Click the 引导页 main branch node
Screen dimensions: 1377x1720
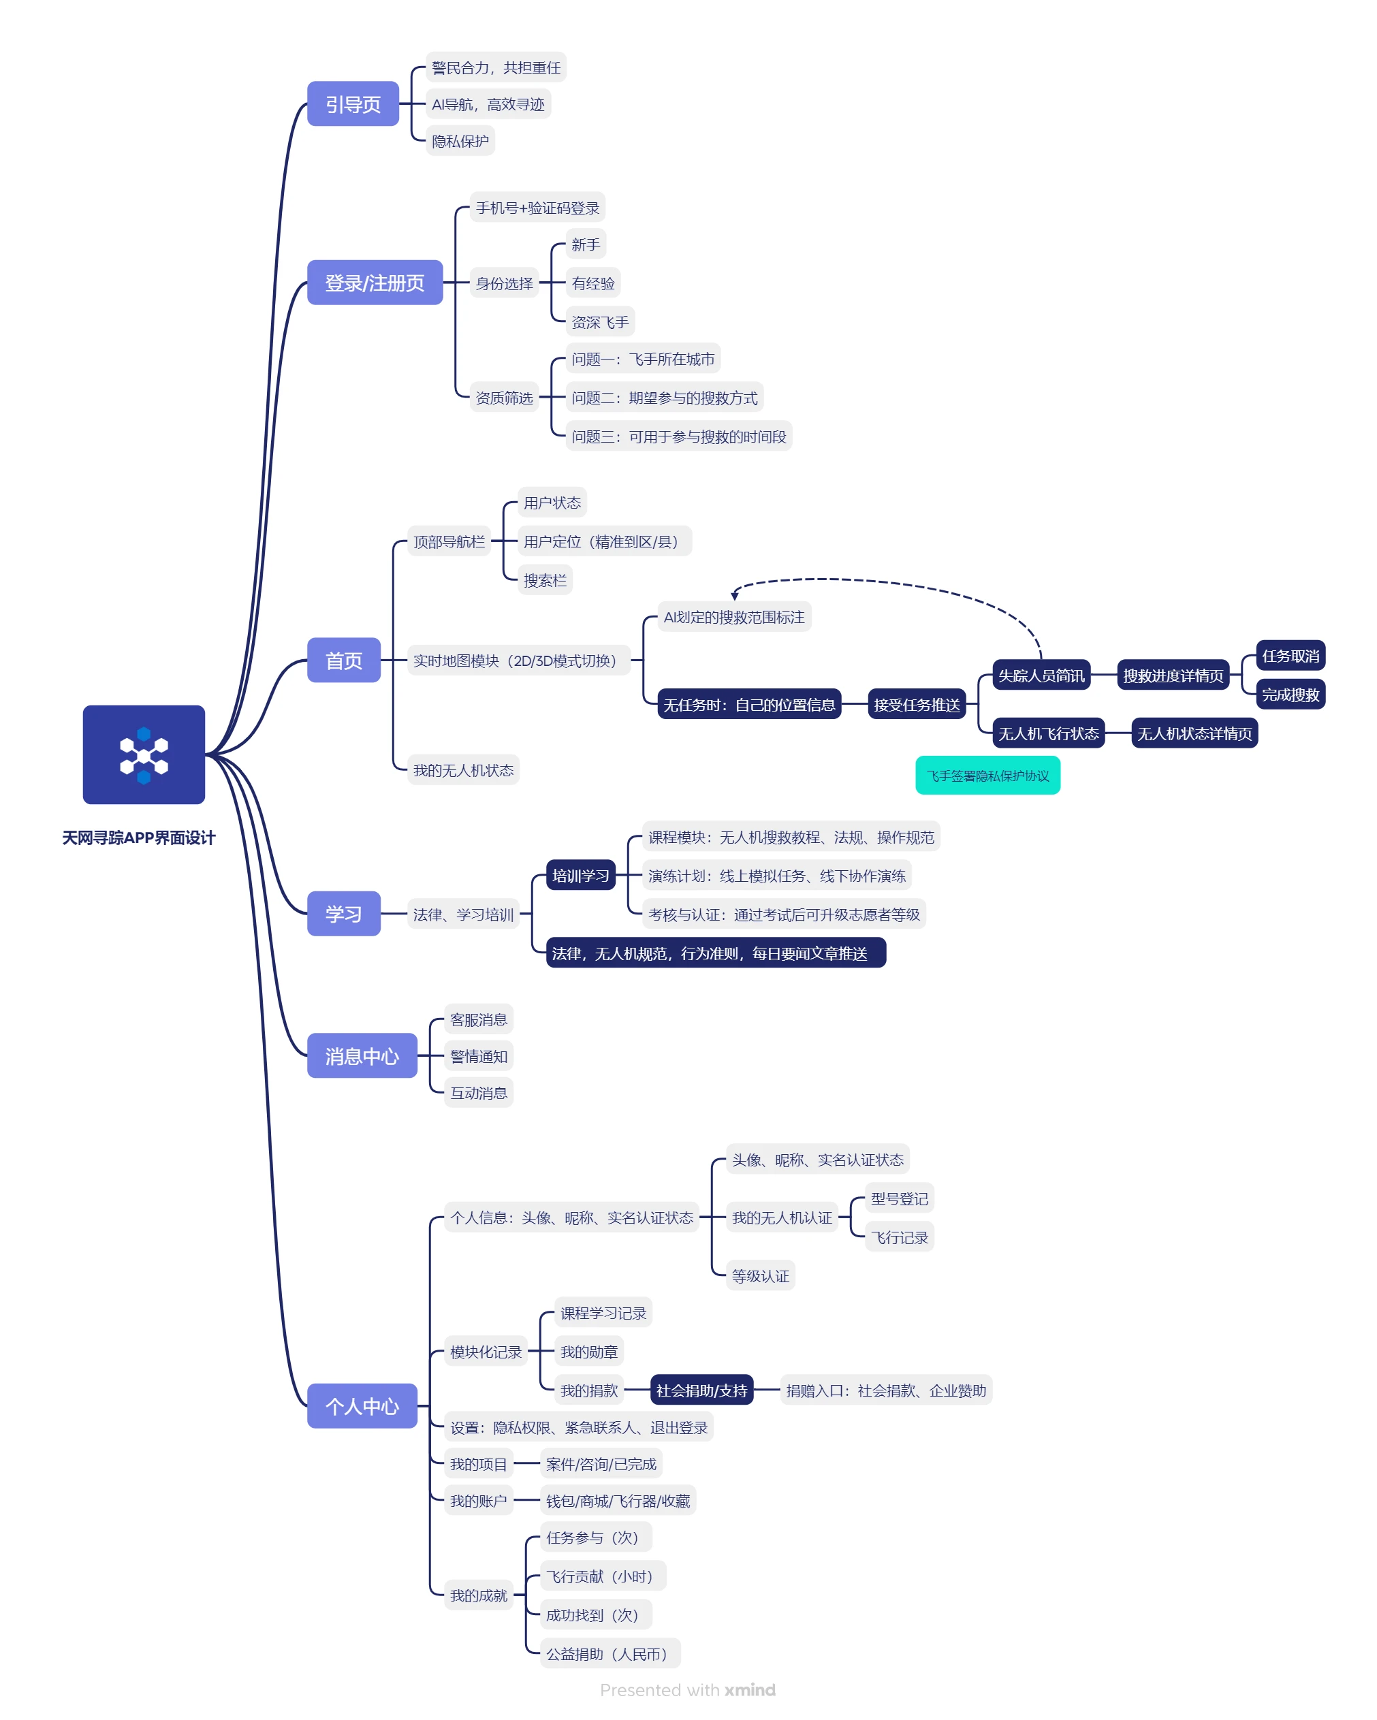(x=353, y=103)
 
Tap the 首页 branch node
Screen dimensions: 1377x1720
(x=344, y=660)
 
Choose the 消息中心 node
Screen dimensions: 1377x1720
(x=362, y=1055)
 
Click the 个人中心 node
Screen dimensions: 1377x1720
(x=362, y=1405)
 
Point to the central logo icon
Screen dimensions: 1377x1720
(x=144, y=754)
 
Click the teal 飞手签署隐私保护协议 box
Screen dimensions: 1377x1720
(x=987, y=776)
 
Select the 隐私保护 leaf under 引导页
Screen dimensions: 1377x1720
(x=460, y=141)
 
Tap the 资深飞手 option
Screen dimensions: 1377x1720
(x=600, y=322)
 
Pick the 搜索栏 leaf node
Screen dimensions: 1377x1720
(x=545, y=580)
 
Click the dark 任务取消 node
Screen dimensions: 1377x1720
(x=1291, y=656)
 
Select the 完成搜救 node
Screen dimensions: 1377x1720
(x=1291, y=695)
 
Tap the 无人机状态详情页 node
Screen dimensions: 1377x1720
(x=1195, y=733)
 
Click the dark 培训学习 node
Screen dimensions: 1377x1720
(x=581, y=875)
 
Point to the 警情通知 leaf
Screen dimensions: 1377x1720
(x=479, y=1056)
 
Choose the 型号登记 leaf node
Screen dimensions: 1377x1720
(x=900, y=1198)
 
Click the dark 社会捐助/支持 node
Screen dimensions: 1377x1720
(x=702, y=1390)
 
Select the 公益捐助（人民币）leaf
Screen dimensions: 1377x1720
(x=610, y=1654)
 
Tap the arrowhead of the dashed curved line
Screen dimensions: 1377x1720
(x=735, y=595)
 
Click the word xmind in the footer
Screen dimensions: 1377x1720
(x=750, y=1689)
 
